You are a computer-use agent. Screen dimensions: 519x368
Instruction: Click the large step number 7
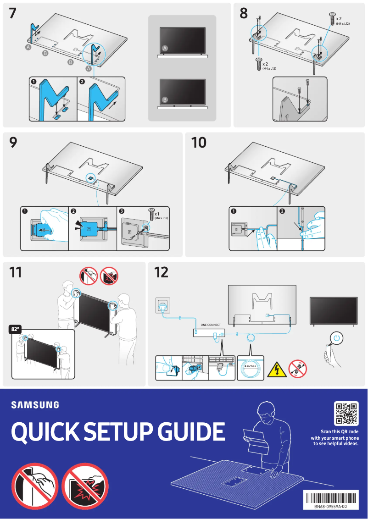pyautogui.click(x=14, y=14)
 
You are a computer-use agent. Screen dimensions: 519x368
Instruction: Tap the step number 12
pyautogui.click(x=162, y=272)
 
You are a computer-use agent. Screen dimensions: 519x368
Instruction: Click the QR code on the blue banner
pyautogui.click(x=346, y=413)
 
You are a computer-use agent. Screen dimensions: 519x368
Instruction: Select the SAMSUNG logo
pyautogui.click(x=35, y=405)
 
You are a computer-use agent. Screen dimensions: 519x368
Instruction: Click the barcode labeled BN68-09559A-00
pyautogui.click(x=330, y=498)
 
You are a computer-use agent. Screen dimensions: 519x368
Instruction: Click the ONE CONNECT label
pyautogui.click(x=211, y=325)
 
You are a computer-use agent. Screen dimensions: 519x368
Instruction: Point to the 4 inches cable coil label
pyautogui.click(x=250, y=366)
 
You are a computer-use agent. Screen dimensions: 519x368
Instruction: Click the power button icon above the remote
pyautogui.click(x=337, y=337)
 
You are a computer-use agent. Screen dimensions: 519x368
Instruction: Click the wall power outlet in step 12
pyautogui.click(x=163, y=304)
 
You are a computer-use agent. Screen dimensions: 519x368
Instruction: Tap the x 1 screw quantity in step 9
pyautogui.click(x=157, y=214)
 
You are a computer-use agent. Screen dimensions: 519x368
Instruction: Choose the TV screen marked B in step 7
pyautogui.click(x=182, y=92)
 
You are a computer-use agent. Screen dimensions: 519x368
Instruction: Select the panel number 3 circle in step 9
pyautogui.click(x=122, y=211)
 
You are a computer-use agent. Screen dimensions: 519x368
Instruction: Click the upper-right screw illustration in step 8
pyautogui.click(x=332, y=18)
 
